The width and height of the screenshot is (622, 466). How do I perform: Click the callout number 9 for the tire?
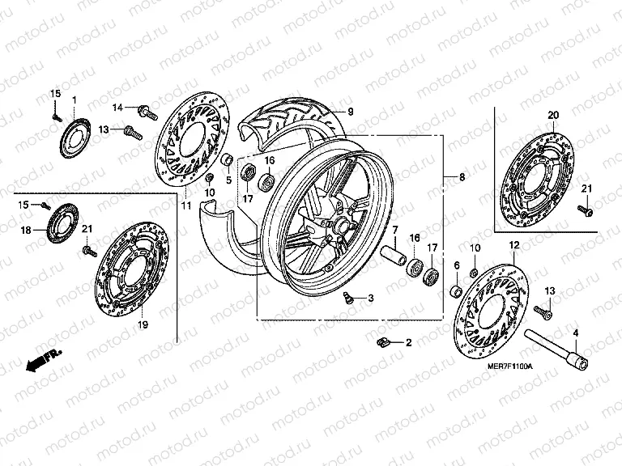coord(351,111)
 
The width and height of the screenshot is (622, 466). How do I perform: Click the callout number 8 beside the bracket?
coord(462,176)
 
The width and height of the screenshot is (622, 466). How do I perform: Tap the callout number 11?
coord(185,206)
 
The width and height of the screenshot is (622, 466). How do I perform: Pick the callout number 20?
coord(553,114)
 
